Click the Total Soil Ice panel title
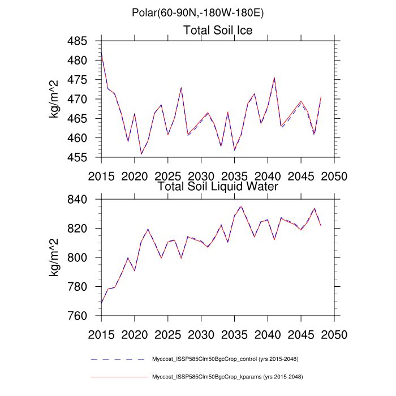click(x=218, y=30)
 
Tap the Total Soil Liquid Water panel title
click(x=218, y=186)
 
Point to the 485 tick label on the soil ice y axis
click(x=85, y=41)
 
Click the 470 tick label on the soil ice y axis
click(x=85, y=99)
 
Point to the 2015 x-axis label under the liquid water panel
click(x=101, y=333)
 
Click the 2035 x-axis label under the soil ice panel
click(x=234, y=175)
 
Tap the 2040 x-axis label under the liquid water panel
click(x=267, y=333)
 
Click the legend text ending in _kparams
click(x=226, y=376)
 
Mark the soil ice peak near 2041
click(x=274, y=78)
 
